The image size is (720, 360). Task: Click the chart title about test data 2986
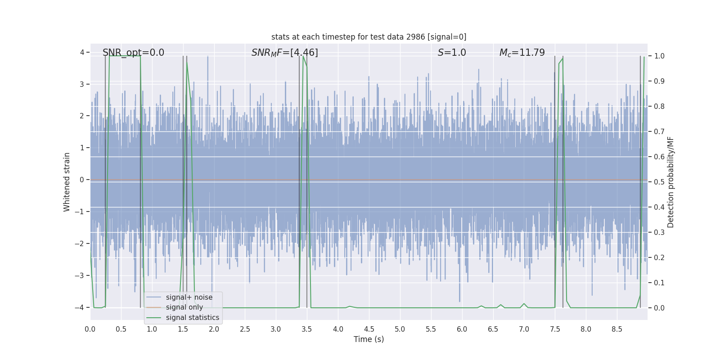(369, 37)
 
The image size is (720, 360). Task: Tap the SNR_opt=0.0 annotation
(133, 53)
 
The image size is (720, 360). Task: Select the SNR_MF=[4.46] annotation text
(284, 53)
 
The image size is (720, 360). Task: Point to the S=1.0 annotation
(452, 53)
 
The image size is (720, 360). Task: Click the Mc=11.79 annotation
(522, 53)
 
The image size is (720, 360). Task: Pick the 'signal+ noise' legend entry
(189, 297)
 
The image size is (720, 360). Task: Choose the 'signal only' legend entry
(184, 307)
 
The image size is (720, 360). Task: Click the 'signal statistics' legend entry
(192, 318)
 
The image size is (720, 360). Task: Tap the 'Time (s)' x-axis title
(369, 339)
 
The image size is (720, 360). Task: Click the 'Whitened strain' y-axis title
(67, 182)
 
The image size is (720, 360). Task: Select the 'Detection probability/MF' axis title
(670, 182)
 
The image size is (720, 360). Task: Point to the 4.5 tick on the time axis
(369, 329)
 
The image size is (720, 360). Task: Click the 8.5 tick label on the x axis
(617, 329)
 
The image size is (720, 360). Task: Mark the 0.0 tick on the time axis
(90, 329)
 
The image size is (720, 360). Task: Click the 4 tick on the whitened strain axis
(82, 53)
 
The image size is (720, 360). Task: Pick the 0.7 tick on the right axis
(659, 132)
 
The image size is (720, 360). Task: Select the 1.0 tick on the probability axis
(659, 56)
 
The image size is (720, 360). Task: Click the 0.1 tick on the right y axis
(659, 283)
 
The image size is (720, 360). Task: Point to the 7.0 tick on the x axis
(524, 329)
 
